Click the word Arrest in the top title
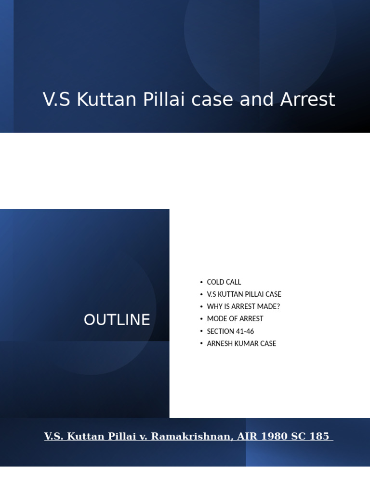(307, 99)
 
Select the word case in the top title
(212, 100)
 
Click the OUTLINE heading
(117, 320)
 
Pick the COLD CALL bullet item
(224, 282)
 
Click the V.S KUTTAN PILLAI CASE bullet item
(244, 294)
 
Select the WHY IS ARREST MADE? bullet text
(243, 306)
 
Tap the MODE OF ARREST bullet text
(235, 319)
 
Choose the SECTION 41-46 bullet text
(230, 331)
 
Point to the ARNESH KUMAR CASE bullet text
(241, 343)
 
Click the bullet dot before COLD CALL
(201, 282)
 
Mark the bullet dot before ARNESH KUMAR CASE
(201, 343)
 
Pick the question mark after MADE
(278, 306)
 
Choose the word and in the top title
(256, 99)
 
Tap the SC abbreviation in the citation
(298, 436)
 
